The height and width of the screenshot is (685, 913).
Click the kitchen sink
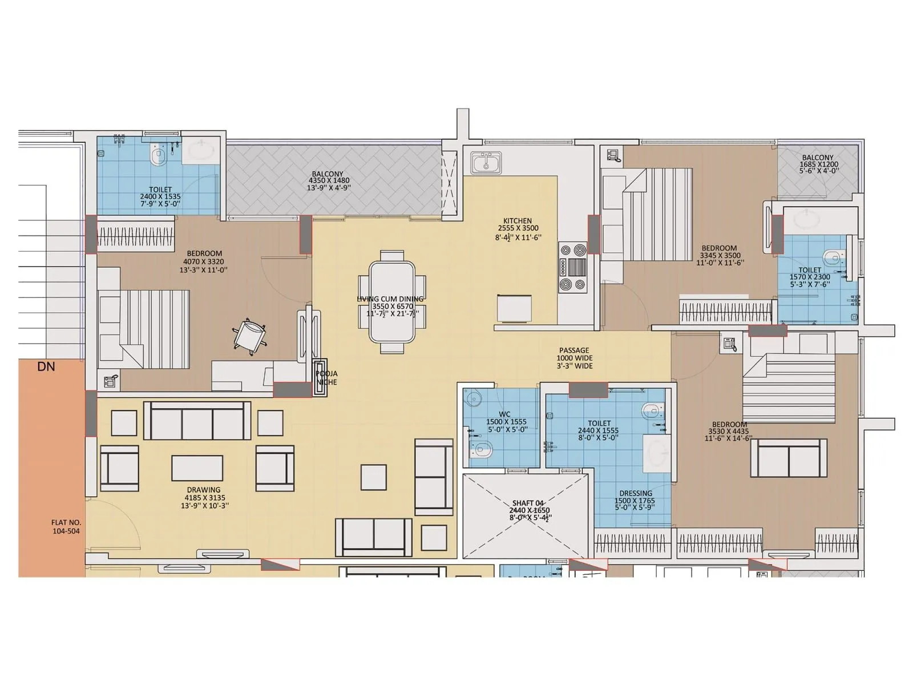tap(486, 163)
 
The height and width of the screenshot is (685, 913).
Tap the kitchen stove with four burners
tap(572, 267)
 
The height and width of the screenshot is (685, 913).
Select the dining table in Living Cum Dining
tap(392, 302)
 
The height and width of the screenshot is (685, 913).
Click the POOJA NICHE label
tap(326, 378)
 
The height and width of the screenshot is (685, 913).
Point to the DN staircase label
tap(46, 366)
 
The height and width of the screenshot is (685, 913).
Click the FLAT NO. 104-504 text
tap(66, 526)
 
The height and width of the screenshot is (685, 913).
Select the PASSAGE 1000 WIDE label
tap(574, 358)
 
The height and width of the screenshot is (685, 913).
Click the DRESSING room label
tap(636, 493)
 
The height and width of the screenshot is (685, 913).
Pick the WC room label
tap(504, 414)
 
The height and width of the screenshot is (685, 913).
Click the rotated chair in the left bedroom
tap(249, 336)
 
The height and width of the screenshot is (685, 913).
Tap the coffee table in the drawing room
tap(197, 468)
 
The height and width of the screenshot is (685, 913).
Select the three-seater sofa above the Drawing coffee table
tap(197, 421)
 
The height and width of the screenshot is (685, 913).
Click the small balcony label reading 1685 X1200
tap(818, 164)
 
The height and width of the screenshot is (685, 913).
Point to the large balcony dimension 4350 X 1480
tap(329, 181)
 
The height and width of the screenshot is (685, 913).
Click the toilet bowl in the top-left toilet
tap(159, 155)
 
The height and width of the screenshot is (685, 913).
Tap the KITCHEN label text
tap(518, 221)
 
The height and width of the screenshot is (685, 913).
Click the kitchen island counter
tap(515, 308)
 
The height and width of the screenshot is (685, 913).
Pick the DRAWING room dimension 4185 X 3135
tap(204, 498)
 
